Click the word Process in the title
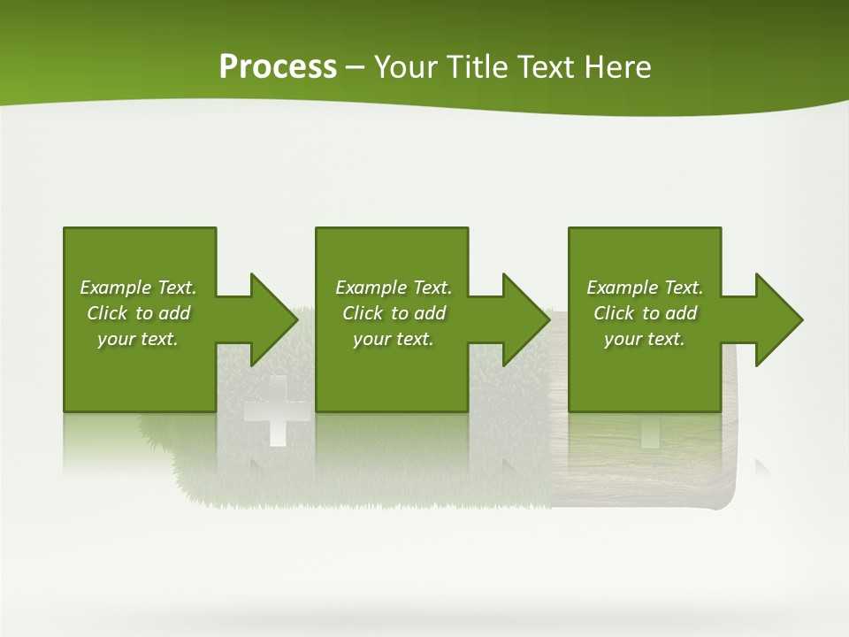click(278, 67)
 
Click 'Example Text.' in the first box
click(138, 288)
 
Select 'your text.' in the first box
click(138, 339)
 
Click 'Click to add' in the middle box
click(394, 313)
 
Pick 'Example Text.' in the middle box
click(394, 288)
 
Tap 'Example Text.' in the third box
click(645, 288)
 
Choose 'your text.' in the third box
click(645, 339)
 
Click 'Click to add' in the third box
click(645, 313)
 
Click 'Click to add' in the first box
click(138, 313)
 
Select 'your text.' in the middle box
click(394, 339)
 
